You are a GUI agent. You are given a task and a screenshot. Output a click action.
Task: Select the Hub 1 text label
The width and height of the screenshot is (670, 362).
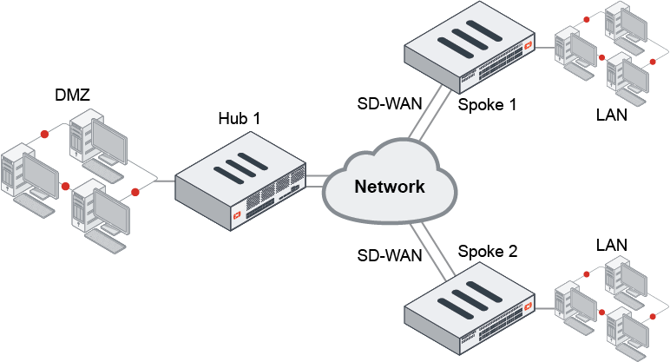pos(239,116)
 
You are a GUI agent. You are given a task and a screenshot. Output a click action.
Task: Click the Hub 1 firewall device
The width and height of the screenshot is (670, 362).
pos(239,185)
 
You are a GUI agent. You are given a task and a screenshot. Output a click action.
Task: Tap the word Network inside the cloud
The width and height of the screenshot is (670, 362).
pos(390,186)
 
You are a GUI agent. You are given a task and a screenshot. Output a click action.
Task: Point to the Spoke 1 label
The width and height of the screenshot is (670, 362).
pos(487,105)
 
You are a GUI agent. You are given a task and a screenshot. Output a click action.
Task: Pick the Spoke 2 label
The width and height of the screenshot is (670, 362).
pos(488,252)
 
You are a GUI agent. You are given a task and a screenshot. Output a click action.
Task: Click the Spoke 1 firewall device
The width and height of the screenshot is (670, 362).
pos(470,55)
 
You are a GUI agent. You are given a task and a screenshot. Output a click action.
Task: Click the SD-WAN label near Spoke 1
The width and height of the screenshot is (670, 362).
pos(390,103)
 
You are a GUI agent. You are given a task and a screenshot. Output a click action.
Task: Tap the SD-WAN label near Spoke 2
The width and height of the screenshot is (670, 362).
pos(390,255)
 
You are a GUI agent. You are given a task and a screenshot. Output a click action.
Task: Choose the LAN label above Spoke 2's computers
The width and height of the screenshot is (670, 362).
pos(612,246)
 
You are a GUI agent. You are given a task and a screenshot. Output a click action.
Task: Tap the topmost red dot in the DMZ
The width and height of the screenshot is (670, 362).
pos(43,135)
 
